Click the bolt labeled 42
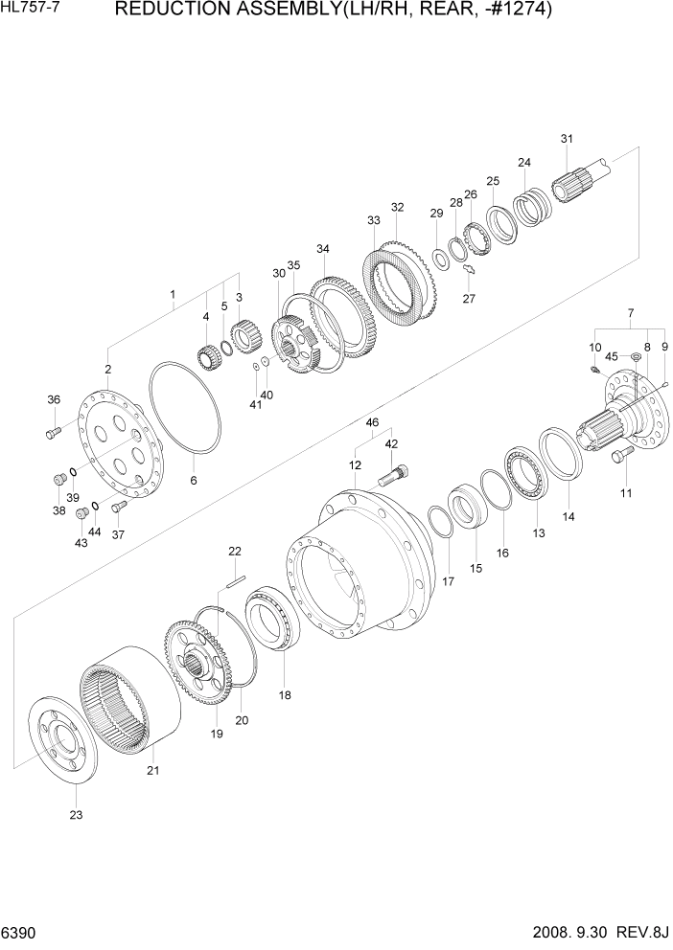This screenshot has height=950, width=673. click(397, 473)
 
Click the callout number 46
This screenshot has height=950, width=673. click(372, 422)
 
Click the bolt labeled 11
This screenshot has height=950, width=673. click(621, 458)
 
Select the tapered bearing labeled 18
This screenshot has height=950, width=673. click(275, 622)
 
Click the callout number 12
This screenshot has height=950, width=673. click(355, 465)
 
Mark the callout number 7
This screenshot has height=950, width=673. click(630, 313)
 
